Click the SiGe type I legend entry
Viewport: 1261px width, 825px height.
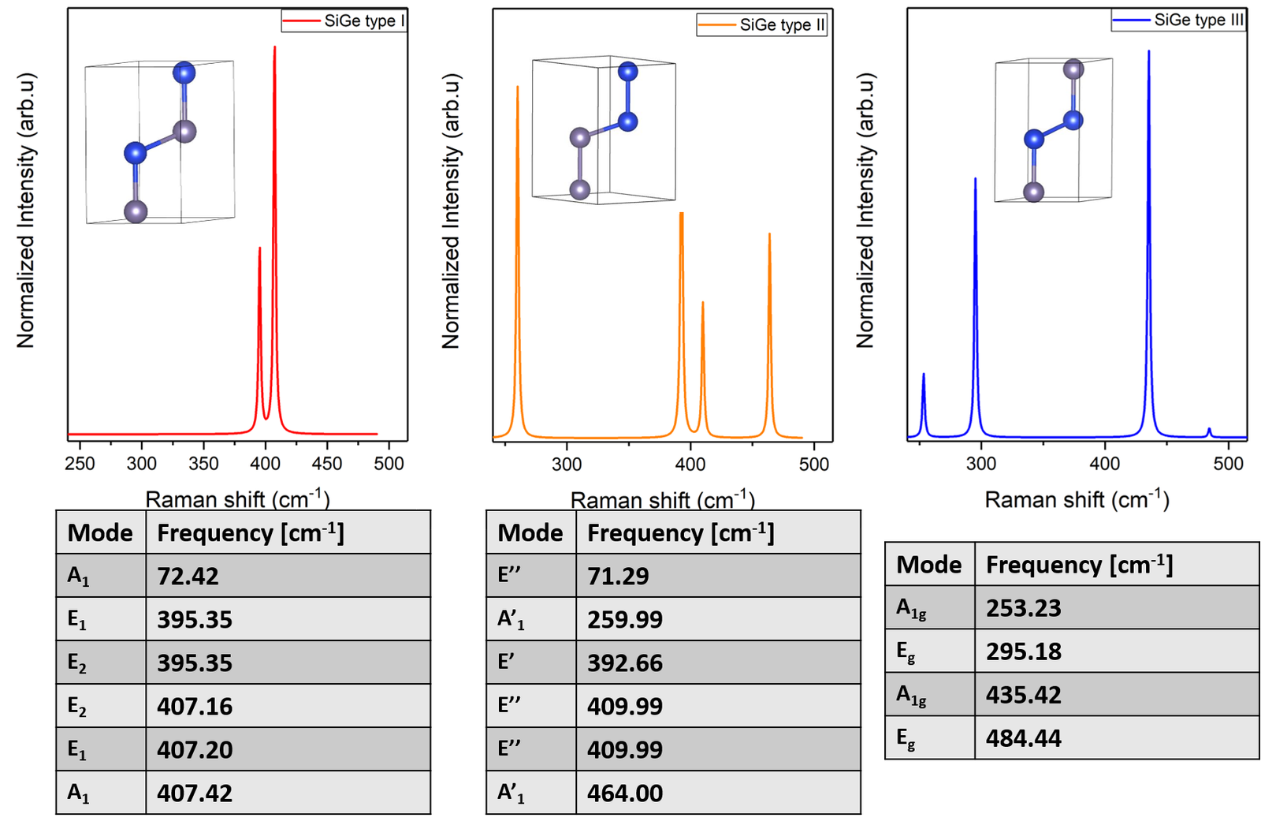click(344, 21)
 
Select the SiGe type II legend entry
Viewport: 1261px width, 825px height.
click(761, 25)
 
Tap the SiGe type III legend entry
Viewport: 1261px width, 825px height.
click(1178, 20)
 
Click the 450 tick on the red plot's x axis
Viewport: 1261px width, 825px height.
click(328, 464)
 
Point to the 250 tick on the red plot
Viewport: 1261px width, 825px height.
click(80, 464)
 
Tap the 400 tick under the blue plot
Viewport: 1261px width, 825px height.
click(1105, 464)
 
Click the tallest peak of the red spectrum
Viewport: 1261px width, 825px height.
click(274, 49)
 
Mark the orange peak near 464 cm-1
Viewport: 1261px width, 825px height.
click(769, 235)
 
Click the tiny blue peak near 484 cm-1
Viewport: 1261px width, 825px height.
click(1209, 430)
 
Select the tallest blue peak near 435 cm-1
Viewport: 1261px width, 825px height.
click(1148, 53)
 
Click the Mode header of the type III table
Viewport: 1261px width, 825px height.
click(929, 565)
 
